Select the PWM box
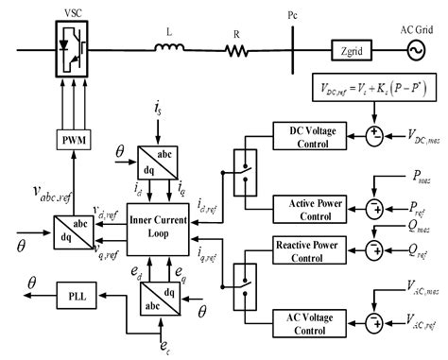(x=71, y=143)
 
